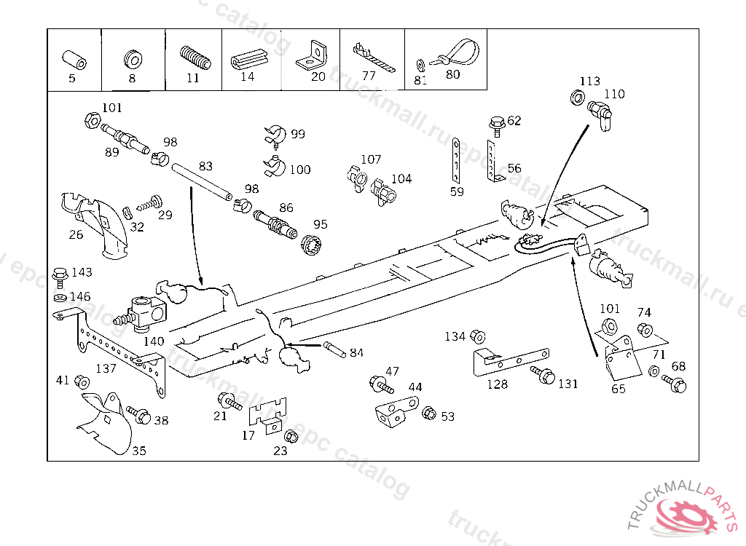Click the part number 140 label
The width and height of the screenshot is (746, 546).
pyautogui.click(x=153, y=341)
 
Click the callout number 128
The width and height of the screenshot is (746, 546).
pyautogui.click(x=498, y=384)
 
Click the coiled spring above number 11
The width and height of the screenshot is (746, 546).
pyautogui.click(x=195, y=57)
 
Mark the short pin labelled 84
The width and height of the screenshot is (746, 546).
pyautogui.click(x=337, y=348)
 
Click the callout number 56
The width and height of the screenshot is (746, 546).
pyautogui.click(x=514, y=168)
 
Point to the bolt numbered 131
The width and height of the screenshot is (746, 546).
pyautogui.click(x=544, y=376)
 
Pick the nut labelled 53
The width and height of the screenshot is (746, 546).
pyautogui.click(x=429, y=414)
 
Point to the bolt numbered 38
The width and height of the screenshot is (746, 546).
pyautogui.click(x=138, y=415)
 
